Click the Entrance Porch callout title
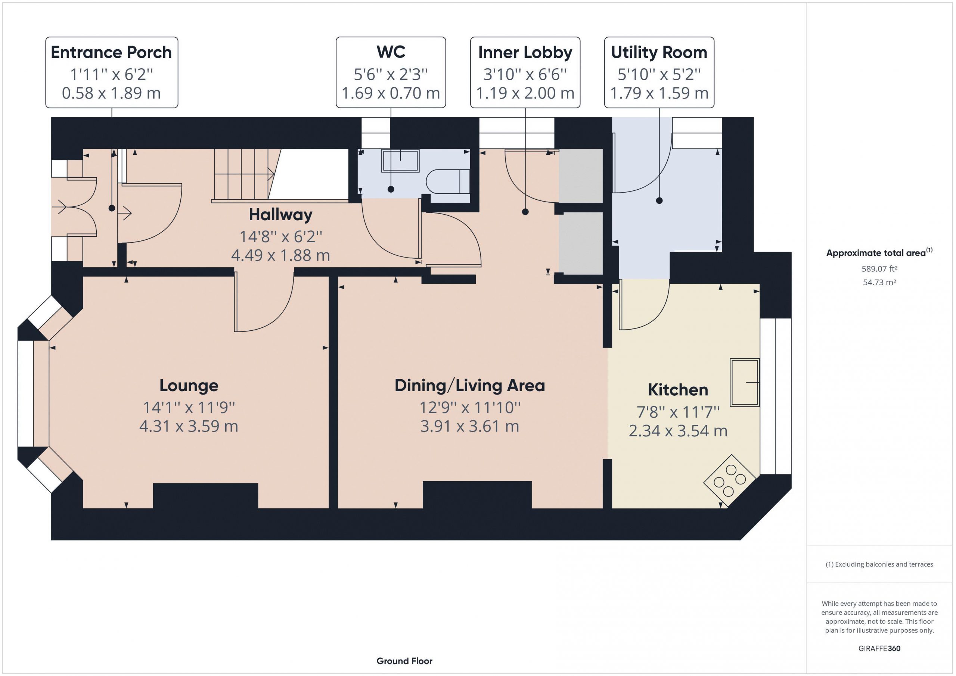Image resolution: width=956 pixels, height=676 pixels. (x=111, y=53)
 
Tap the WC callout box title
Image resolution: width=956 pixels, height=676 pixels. (x=391, y=52)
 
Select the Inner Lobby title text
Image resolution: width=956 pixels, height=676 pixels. (x=525, y=53)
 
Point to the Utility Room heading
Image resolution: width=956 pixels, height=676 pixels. (x=659, y=53)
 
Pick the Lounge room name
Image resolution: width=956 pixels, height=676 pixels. (x=189, y=386)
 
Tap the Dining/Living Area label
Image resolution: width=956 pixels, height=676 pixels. (x=470, y=386)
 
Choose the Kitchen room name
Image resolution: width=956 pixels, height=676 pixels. (x=678, y=390)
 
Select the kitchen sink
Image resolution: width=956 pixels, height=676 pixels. (x=745, y=382)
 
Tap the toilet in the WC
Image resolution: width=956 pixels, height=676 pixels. (x=448, y=181)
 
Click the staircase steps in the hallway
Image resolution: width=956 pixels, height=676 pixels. (x=245, y=175)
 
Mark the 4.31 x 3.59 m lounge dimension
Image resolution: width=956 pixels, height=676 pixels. (x=189, y=426)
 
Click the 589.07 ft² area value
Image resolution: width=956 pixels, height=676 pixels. (x=879, y=269)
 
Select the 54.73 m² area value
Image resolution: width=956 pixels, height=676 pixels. (x=879, y=282)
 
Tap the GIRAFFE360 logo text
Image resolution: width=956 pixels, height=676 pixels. (x=879, y=648)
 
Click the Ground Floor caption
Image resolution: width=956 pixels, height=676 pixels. (x=404, y=661)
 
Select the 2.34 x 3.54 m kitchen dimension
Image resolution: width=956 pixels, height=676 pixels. (x=678, y=431)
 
